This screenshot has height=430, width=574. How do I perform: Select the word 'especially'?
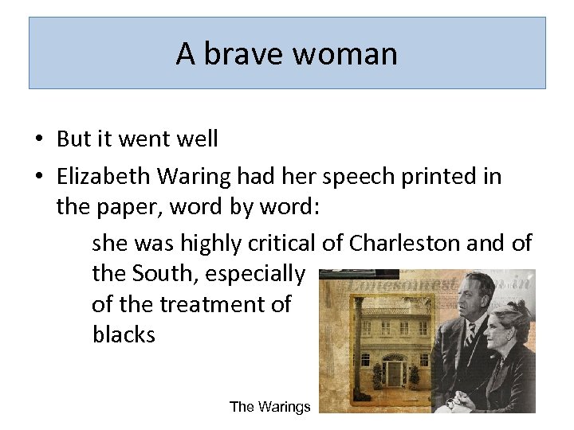click(255, 275)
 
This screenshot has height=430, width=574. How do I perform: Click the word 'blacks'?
click(124, 334)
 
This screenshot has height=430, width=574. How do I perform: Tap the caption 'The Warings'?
click(269, 407)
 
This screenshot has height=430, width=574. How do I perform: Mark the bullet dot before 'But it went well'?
click(37, 140)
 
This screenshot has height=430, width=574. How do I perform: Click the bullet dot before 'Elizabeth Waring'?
click(37, 177)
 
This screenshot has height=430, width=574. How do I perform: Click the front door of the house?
click(394, 373)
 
